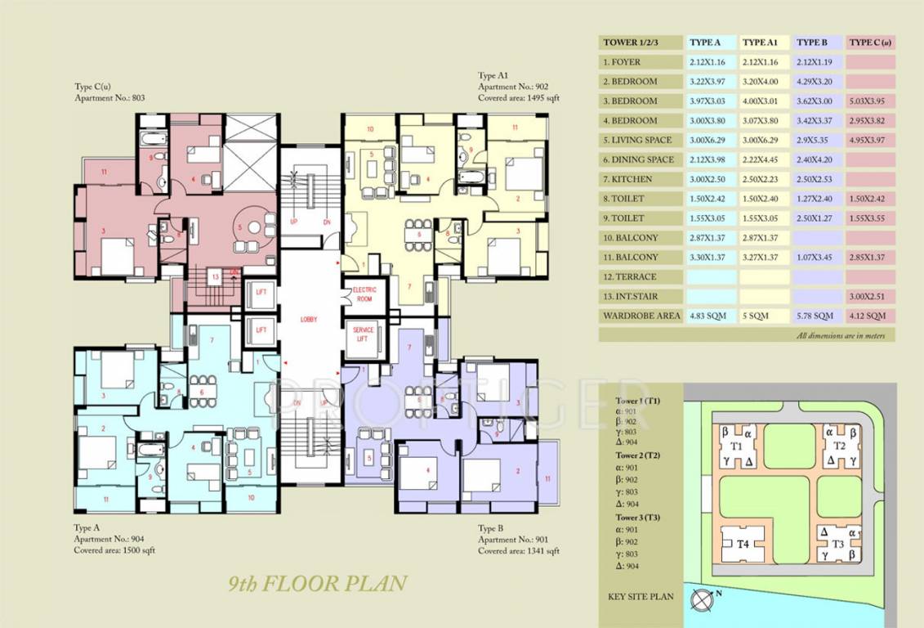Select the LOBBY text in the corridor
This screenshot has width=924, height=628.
(x=309, y=319)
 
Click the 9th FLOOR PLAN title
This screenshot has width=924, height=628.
(x=318, y=584)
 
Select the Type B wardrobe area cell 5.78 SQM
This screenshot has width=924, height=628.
(x=815, y=316)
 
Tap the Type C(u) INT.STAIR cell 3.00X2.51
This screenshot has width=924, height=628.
(x=868, y=296)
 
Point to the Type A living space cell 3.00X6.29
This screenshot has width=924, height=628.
(x=710, y=140)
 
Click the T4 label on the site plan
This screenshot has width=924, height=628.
(x=743, y=544)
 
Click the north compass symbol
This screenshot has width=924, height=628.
(x=700, y=599)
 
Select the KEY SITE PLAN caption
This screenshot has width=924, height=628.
(x=641, y=597)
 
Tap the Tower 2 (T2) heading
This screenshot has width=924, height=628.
(x=638, y=455)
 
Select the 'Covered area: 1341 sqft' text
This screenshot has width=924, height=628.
(x=519, y=551)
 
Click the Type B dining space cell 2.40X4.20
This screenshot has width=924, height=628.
(x=815, y=159)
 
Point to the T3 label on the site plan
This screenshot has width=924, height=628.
(x=838, y=544)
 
